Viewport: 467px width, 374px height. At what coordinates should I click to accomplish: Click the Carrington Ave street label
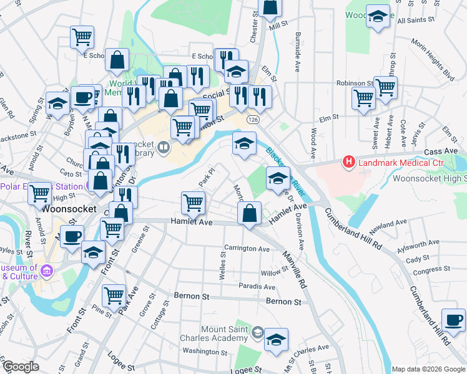tap(247, 249)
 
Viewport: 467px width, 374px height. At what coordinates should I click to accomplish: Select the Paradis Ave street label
tap(257, 287)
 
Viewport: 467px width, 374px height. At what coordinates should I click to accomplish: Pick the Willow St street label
tap(274, 273)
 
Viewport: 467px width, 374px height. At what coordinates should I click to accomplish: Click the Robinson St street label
tap(354, 83)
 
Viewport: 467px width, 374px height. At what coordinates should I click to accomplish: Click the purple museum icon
tap(48, 271)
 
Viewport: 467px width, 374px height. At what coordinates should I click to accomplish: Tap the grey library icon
tap(163, 147)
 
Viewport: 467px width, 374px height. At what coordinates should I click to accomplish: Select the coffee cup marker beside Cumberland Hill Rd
tap(453, 319)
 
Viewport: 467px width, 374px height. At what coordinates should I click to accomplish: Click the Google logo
tap(20, 367)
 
